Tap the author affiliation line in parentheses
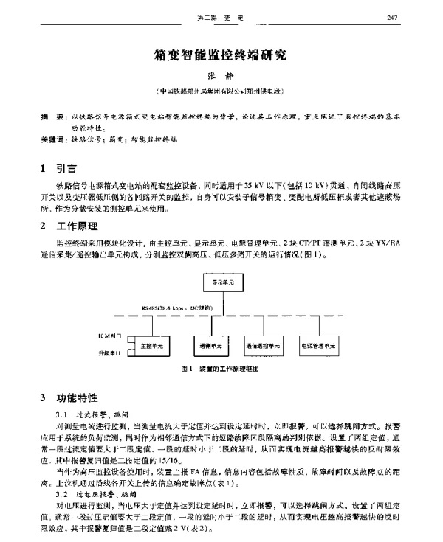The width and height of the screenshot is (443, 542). [221, 92]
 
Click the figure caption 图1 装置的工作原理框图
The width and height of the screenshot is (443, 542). [221, 369]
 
